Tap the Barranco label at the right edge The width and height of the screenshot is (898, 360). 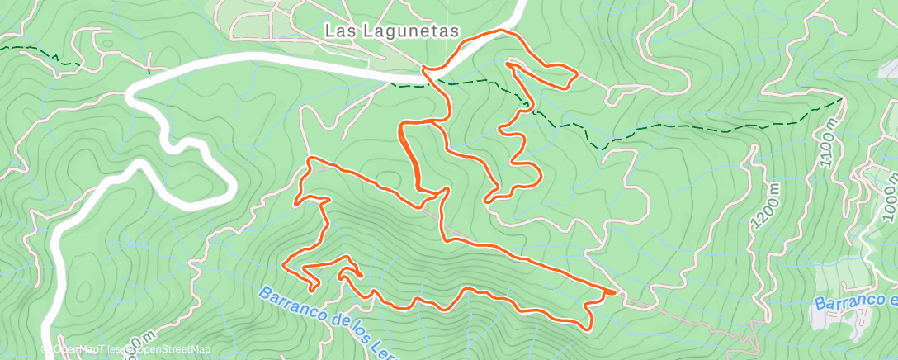click(854, 303)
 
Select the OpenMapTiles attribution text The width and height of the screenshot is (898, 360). click(81, 349)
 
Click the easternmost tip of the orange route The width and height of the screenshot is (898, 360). click(616, 291)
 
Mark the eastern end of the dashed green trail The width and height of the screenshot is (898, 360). click(842, 98)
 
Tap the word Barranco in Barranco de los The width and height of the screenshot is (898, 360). click(289, 303)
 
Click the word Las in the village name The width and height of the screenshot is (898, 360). click(337, 30)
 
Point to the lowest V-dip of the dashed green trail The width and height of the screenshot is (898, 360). click(603, 149)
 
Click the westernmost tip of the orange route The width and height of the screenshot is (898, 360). click(284, 263)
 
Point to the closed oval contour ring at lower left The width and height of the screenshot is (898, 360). click(83, 289)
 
